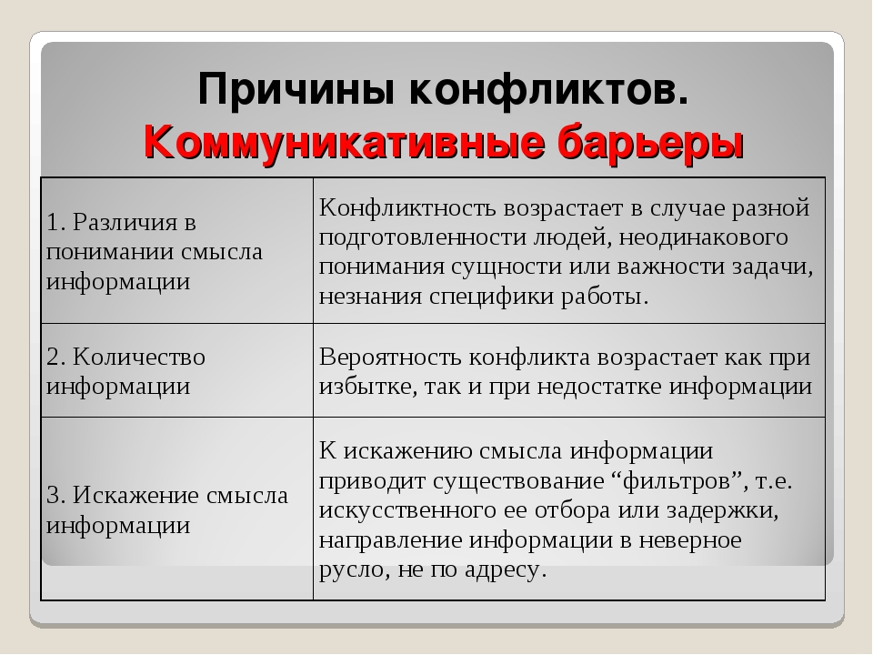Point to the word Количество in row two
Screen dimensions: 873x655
(x=138, y=357)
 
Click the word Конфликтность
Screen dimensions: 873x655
(x=407, y=207)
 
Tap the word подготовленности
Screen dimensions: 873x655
(x=423, y=237)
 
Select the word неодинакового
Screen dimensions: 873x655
(x=703, y=237)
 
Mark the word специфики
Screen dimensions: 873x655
(x=492, y=297)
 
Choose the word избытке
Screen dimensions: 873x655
(x=368, y=387)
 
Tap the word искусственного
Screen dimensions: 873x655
(x=407, y=510)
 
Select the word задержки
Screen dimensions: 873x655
(x=722, y=510)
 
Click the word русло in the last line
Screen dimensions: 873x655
(x=353, y=569)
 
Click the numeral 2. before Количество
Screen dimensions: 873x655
(x=56, y=357)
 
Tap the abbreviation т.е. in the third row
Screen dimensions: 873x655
(x=774, y=481)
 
